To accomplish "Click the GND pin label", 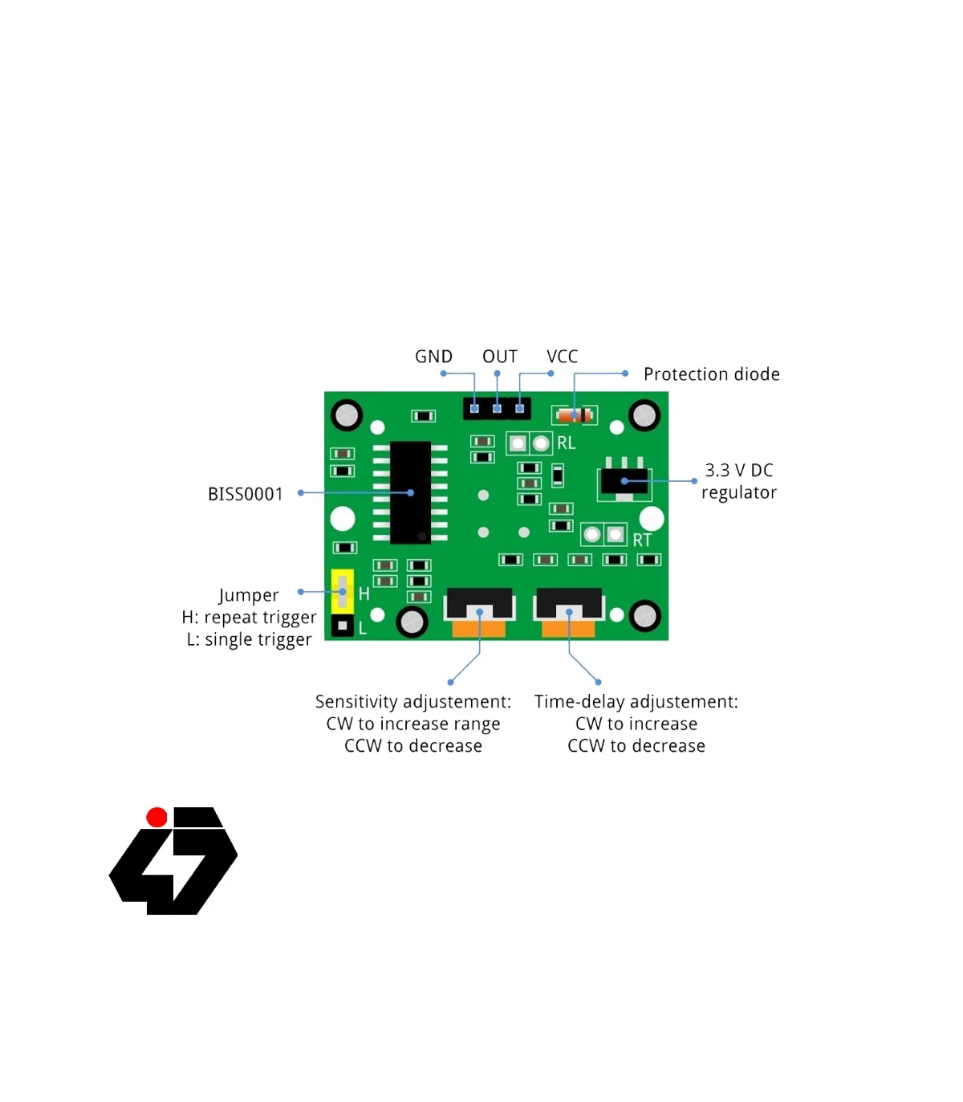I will (x=433, y=357).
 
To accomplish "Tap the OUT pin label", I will (x=499, y=357).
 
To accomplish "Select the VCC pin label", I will (x=562, y=357).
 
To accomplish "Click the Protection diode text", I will (x=711, y=374).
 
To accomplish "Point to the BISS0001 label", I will (x=246, y=494).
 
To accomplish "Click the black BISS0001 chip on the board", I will (x=410, y=492).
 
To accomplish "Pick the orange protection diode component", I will (x=575, y=415).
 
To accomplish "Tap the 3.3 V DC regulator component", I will (x=624, y=481).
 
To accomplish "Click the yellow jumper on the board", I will (x=343, y=591).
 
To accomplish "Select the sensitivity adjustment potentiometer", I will (x=479, y=613).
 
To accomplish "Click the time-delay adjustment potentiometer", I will (x=569, y=613).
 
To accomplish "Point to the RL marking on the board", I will (x=566, y=443).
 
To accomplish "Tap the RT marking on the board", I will (x=642, y=541).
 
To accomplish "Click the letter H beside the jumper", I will (x=364, y=594).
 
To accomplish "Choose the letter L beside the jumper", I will (x=363, y=628).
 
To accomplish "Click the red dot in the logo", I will (x=157, y=818).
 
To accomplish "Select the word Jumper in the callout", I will (x=249, y=595).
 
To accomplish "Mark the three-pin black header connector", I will (x=497, y=408).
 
